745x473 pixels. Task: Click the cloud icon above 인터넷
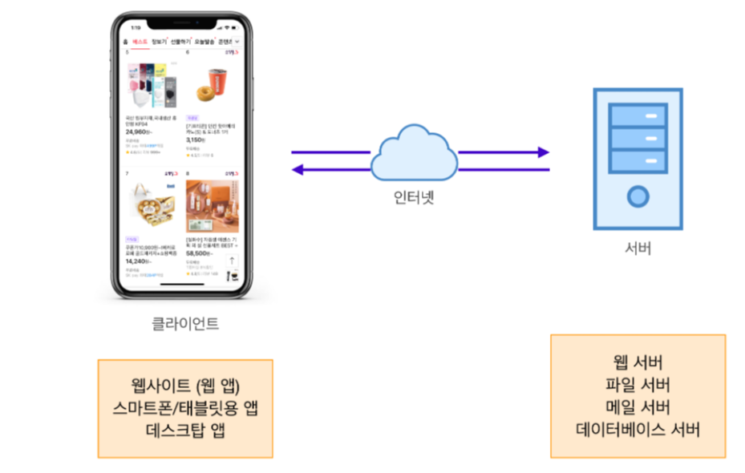(412, 152)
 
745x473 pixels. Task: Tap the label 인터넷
(413, 197)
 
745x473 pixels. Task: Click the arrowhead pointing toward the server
(543, 152)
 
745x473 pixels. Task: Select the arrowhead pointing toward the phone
(297, 169)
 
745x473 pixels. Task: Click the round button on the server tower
(638, 195)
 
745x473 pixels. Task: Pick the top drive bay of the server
(638, 117)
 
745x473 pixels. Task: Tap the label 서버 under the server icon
(638, 249)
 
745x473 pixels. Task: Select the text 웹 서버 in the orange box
(638, 362)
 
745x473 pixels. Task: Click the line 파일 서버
(638, 385)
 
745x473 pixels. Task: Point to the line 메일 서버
(638, 407)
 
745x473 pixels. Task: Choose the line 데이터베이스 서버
(638, 430)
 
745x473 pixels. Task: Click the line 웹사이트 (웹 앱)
(185, 384)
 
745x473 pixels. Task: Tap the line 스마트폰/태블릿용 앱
(185, 406)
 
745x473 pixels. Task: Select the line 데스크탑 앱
(185, 429)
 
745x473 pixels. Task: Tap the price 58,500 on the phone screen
(200, 252)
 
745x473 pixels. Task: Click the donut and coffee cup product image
(212, 84)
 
